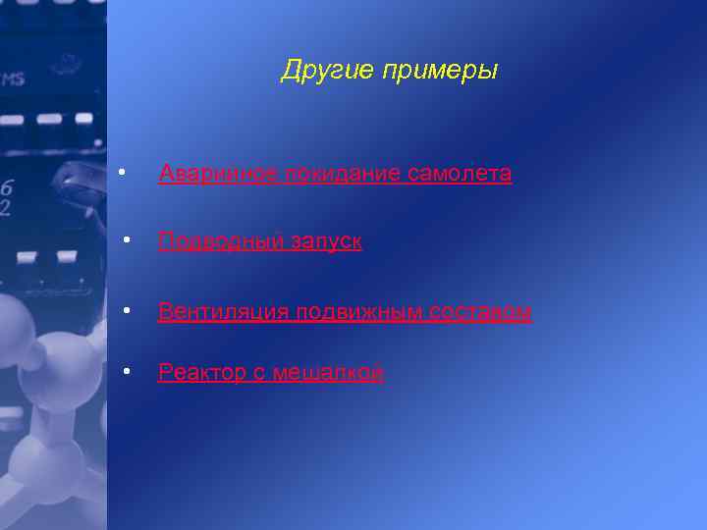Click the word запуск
coord(326,241)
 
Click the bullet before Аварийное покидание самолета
coord(119,173)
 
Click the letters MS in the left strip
coord(13,79)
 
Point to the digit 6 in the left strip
coord(8,187)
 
